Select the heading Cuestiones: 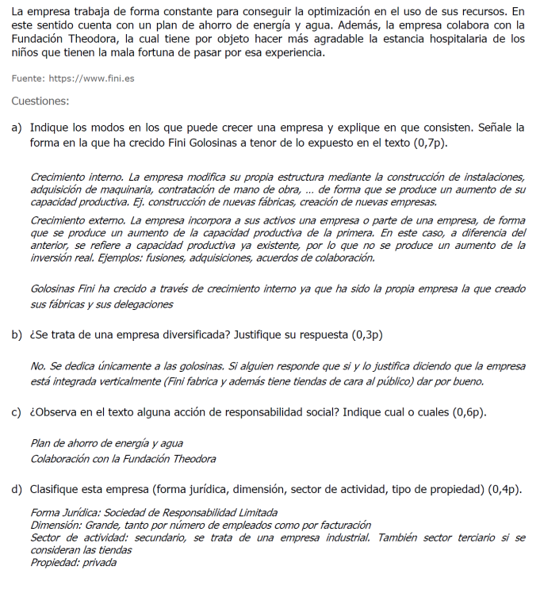click(40, 101)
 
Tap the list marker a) click(17, 128)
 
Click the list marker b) click(17, 335)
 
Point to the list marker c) click(17, 412)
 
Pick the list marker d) click(17, 489)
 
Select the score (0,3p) click(367, 335)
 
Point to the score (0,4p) click(505, 489)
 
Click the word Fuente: click(28, 78)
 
